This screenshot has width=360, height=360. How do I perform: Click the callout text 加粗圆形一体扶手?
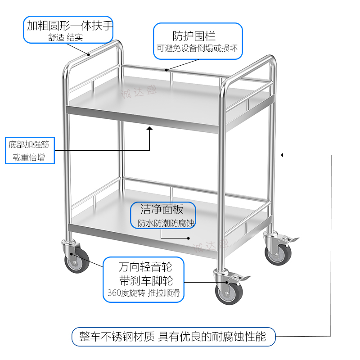[x=69, y=25]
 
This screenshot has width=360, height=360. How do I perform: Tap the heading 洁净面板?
[x=162, y=209]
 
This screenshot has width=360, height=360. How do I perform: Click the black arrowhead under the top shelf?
[x=150, y=129]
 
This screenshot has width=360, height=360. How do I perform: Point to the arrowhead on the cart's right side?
[x=283, y=155]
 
